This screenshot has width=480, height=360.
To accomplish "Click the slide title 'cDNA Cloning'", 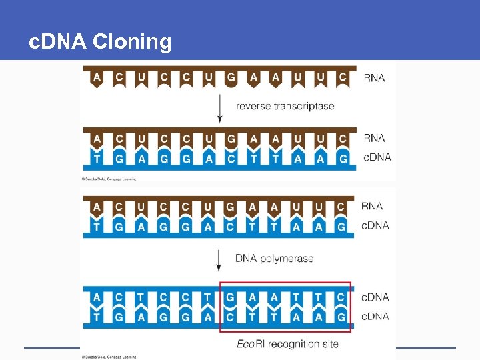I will pyautogui.click(x=101, y=43).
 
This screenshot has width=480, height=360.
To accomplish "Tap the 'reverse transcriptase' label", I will pyautogui.click(x=285, y=106).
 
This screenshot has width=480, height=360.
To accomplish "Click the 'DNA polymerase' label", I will pyautogui.click(x=274, y=258).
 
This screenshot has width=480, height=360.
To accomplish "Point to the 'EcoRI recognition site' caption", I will pyautogui.click(x=287, y=344).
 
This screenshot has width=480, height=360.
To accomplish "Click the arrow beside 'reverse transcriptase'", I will pyautogui.click(x=219, y=107).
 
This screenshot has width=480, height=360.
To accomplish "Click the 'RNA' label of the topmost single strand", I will pyautogui.click(x=374, y=78).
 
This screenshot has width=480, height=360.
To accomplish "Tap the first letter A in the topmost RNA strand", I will pyautogui.click(x=97, y=77).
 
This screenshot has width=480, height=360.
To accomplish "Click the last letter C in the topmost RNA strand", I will pyautogui.click(x=343, y=77).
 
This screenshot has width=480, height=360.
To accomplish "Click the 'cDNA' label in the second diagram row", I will pyautogui.click(x=377, y=157).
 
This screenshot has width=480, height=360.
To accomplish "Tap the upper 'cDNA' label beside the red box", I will pyautogui.click(x=375, y=297).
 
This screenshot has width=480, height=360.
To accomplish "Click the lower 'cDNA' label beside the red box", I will pyautogui.click(x=375, y=316).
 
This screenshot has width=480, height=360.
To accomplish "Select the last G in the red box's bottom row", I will pyautogui.click(x=343, y=317).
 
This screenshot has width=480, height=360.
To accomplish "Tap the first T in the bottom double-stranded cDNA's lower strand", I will pyautogui.click(x=97, y=317).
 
